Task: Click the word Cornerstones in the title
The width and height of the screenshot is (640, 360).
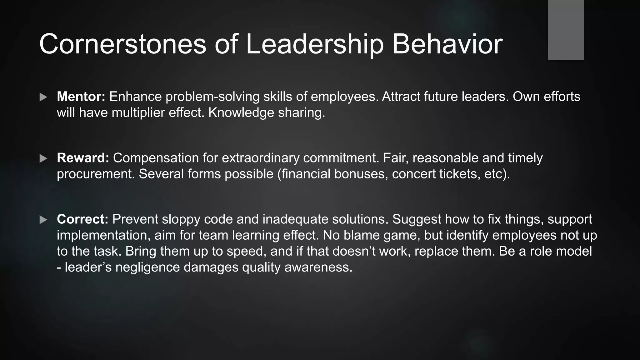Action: pyautogui.click(x=122, y=44)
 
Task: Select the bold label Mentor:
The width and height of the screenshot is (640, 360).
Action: pyautogui.click(x=81, y=97)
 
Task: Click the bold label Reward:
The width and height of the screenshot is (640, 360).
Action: pyautogui.click(x=83, y=158)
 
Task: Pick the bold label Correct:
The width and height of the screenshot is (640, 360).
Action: pyautogui.click(x=82, y=219)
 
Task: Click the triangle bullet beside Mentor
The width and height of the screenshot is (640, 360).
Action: pyautogui.click(x=43, y=97)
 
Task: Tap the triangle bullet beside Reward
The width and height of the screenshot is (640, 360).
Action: pyautogui.click(x=43, y=158)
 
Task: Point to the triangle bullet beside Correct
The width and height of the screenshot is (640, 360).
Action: pyautogui.click(x=43, y=220)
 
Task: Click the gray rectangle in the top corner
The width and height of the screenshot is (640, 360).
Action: pyautogui.click(x=566, y=30)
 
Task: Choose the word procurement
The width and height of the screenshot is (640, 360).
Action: pyautogui.click(x=96, y=174)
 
